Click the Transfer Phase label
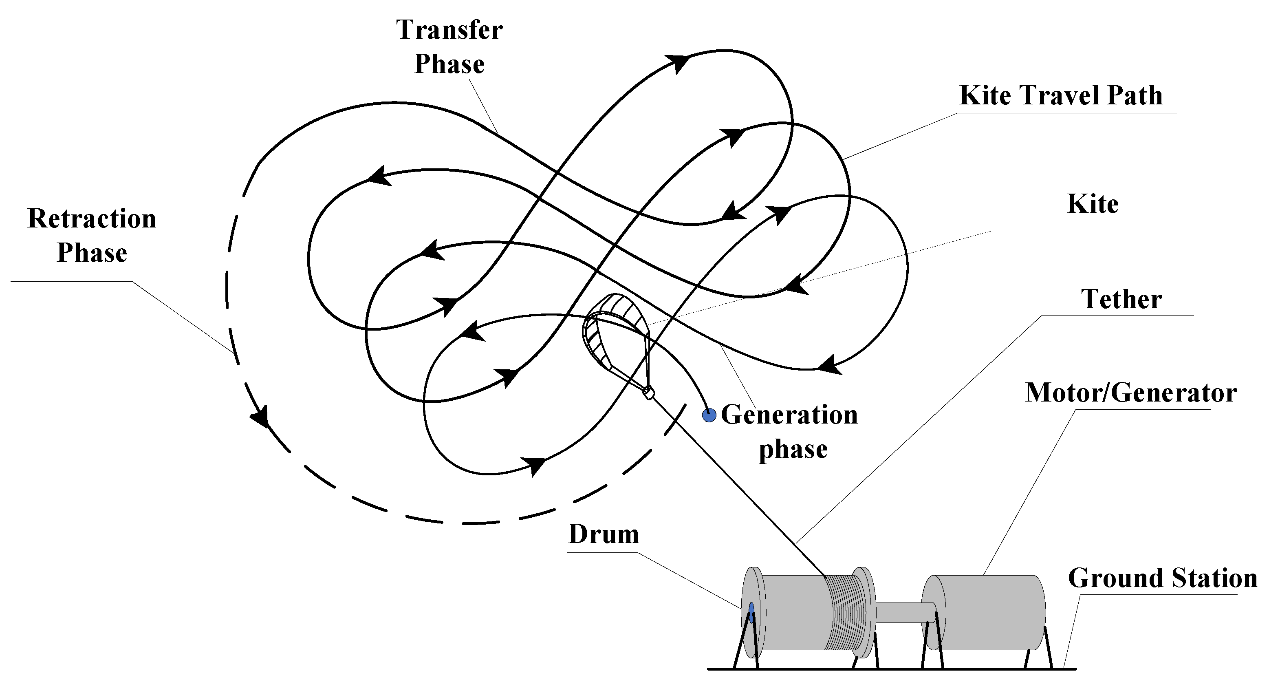pyautogui.click(x=449, y=47)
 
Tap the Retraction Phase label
pyautogui.click(x=92, y=236)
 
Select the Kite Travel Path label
pyautogui.click(x=1061, y=96)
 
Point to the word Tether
pyautogui.click(x=1121, y=300)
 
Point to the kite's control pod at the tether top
pyautogui.click(x=649, y=393)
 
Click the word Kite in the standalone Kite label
pyautogui.click(x=1092, y=205)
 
